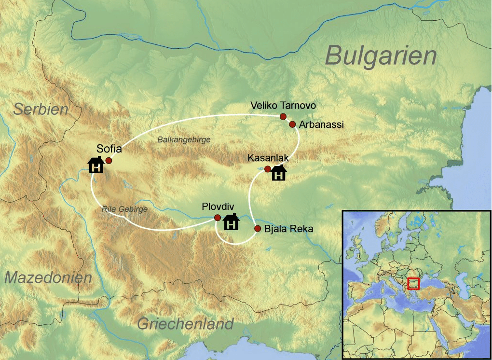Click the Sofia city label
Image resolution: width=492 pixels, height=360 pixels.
coord(109,149)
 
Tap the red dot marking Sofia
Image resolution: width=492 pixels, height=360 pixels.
coord(109,161)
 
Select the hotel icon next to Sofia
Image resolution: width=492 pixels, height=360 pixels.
coord(96,165)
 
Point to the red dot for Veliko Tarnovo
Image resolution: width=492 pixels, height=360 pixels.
coord(283,116)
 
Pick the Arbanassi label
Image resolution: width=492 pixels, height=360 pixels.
coord(321,125)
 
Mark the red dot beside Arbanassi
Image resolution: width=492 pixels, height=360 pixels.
coord(292,125)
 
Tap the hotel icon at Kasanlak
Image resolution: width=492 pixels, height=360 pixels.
coord(279,173)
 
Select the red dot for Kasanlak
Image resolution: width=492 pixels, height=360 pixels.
coord(268,169)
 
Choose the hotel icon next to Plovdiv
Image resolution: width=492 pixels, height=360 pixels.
coord(232,222)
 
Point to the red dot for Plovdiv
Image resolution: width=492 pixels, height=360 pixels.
coord(218,217)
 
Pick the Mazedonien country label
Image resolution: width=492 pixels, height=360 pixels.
coord(48,277)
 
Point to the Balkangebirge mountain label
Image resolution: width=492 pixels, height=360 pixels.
coord(184,139)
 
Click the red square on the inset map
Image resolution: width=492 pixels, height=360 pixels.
coord(413,284)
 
